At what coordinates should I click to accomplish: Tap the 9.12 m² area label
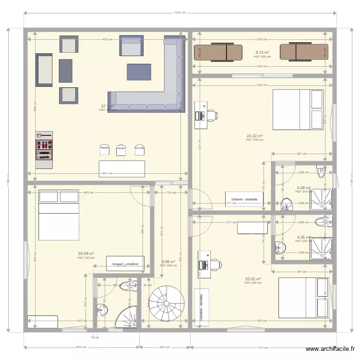[262, 52]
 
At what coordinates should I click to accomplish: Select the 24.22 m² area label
[255, 136]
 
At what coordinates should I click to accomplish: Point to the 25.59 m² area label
[86, 254]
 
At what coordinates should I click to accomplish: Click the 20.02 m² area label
[252, 279]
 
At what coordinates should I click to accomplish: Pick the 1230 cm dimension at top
[180, 13]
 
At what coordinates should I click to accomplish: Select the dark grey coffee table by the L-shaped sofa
[139, 72]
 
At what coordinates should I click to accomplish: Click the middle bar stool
[120, 150]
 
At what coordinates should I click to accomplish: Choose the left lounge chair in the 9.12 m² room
[218, 52]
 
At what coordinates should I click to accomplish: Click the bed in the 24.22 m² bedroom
[298, 110]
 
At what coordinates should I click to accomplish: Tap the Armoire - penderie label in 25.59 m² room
[125, 264]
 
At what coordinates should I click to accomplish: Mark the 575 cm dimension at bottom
[262, 347]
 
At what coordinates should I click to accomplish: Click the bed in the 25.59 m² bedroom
[59, 215]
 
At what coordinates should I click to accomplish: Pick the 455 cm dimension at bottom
[82, 347]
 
